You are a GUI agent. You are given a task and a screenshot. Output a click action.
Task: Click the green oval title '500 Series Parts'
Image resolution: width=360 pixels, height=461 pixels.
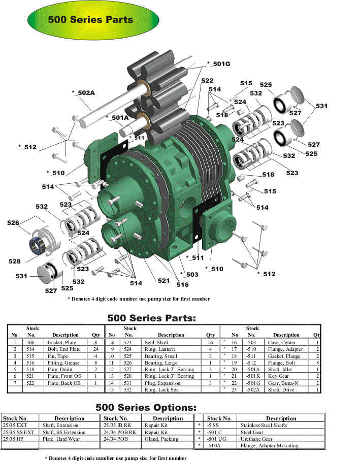click(x=93, y=20)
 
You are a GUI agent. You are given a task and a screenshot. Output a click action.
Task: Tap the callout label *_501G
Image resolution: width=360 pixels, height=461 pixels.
click(x=218, y=64)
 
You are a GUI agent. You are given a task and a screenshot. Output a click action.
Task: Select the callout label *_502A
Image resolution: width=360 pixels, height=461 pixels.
click(x=83, y=92)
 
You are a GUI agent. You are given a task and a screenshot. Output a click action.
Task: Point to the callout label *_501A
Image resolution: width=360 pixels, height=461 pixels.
click(x=117, y=117)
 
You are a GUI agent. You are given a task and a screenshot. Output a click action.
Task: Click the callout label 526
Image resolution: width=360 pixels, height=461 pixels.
click(x=13, y=222)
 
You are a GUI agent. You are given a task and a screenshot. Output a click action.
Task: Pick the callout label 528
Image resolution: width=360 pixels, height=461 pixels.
click(x=14, y=261)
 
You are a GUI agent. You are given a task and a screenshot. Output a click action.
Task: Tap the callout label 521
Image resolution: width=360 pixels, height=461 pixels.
click(x=163, y=280)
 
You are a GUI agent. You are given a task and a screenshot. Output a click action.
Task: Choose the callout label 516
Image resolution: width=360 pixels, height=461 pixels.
click(x=183, y=284)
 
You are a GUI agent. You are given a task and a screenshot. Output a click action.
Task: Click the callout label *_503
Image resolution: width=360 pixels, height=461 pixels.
click(x=189, y=274)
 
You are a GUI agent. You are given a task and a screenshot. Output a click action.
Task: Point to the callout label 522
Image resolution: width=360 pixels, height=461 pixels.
click(x=207, y=81)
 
